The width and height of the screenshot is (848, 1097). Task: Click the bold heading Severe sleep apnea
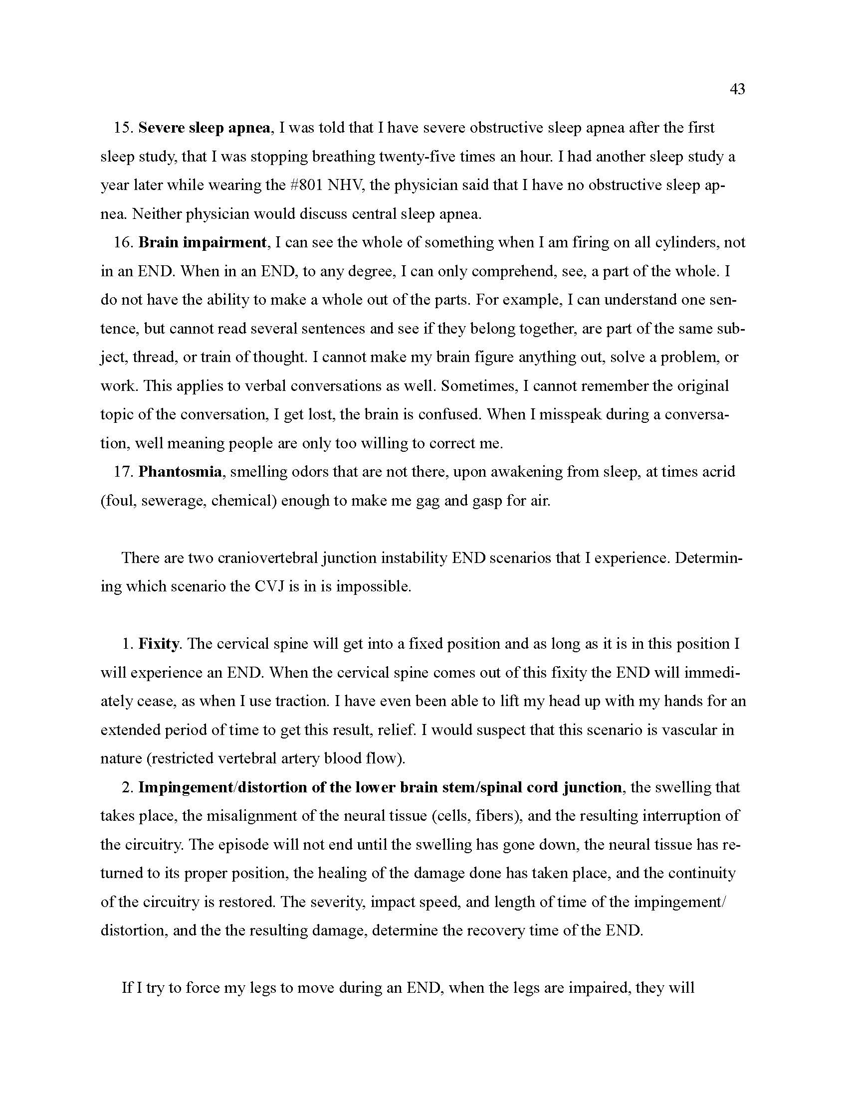[x=205, y=128]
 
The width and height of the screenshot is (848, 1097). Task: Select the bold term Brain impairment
[x=202, y=243]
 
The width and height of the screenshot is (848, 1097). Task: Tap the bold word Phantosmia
[x=180, y=472]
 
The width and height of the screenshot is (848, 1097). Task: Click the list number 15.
[x=122, y=128]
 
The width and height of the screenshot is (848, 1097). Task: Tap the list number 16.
[x=122, y=243]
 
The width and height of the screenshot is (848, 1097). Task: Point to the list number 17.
[x=122, y=472]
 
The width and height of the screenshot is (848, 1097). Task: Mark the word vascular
[x=689, y=730]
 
